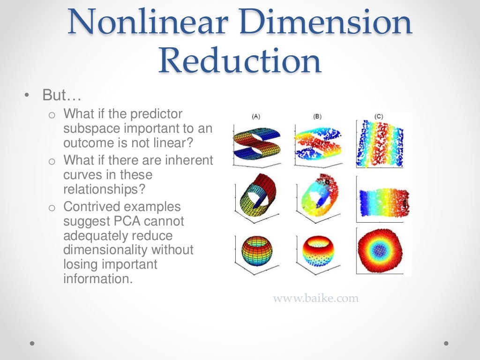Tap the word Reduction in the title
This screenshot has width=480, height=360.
240,61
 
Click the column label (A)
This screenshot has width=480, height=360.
256,116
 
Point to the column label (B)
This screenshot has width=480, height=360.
317,116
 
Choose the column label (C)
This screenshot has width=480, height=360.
379,116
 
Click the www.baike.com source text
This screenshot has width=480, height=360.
315,298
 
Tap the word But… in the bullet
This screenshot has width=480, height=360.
62,96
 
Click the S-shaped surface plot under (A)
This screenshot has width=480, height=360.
256,143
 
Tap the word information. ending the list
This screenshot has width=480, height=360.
98,279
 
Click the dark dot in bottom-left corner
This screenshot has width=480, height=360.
32,343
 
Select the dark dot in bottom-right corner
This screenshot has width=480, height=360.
446,343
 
